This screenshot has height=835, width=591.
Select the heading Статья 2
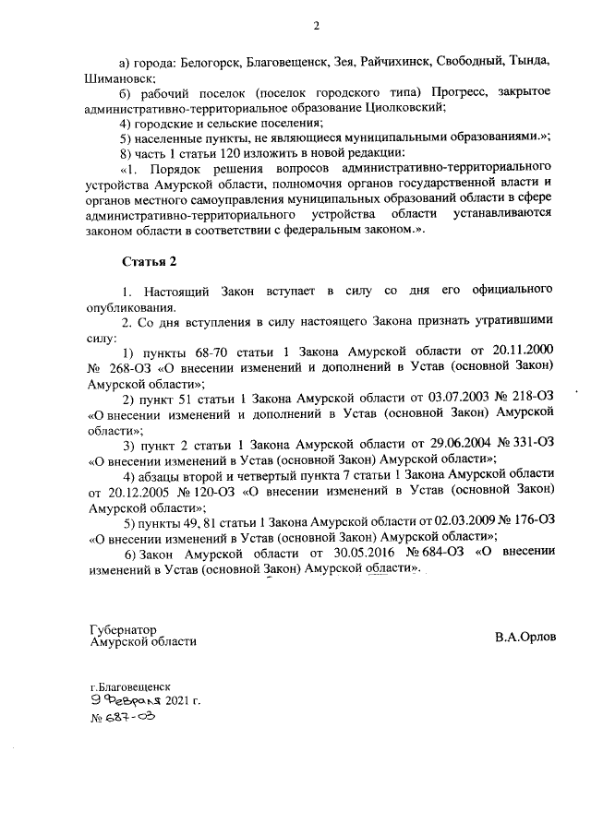coord(149,262)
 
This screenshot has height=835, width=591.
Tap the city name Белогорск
coord(205,62)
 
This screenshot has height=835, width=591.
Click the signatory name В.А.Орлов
coord(525,637)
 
